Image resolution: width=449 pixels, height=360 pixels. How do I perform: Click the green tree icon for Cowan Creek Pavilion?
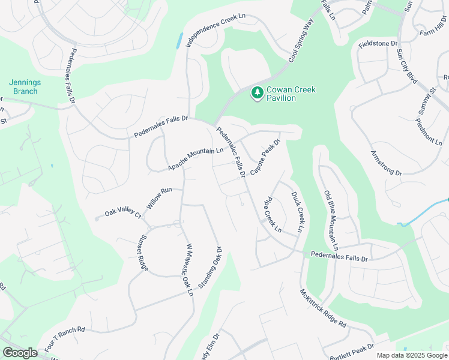[x=258, y=93]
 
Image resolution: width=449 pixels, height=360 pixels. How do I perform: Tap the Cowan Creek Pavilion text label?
[x=291, y=94]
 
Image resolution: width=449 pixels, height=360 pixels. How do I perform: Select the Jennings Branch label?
[x=23, y=87]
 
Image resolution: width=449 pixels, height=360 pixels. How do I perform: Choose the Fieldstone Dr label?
[x=378, y=44]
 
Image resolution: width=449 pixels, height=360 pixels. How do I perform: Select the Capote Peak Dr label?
[x=265, y=157]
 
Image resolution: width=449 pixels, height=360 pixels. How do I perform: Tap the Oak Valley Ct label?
[x=122, y=213]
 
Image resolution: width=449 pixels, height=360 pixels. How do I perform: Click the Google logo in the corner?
[x=20, y=353]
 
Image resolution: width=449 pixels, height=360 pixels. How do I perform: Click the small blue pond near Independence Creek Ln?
[x=179, y=41]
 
